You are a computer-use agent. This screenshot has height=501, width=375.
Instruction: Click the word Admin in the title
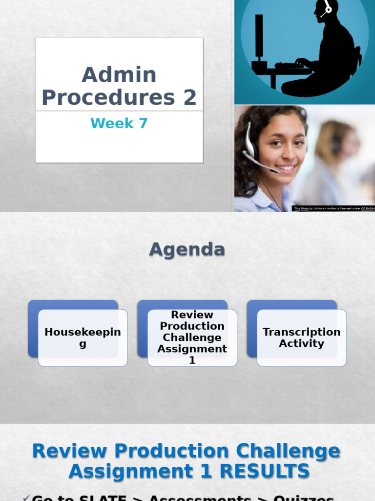[119, 75]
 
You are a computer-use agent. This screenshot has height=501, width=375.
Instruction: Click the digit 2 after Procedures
[190, 97]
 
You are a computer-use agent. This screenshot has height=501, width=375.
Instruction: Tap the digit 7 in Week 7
[143, 123]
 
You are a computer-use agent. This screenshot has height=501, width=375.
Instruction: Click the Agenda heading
[187, 250]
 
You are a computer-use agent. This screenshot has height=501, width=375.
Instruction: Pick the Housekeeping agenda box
[83, 338]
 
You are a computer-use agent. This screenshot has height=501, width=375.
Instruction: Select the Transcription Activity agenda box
[301, 338]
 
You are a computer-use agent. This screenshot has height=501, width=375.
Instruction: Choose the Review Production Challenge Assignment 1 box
[192, 338]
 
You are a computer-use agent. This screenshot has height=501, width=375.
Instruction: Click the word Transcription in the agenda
[301, 332]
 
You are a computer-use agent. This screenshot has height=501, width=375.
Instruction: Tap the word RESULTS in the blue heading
[264, 472]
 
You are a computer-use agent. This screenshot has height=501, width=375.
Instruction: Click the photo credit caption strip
[333, 208]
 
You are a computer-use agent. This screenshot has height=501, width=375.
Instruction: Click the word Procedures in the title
[108, 97]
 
